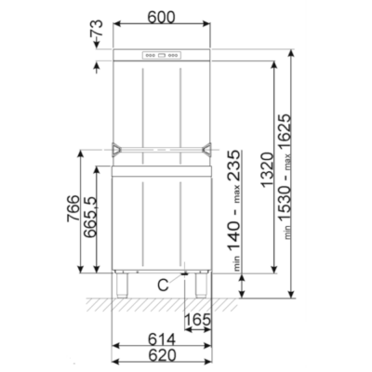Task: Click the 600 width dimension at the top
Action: click(x=161, y=18)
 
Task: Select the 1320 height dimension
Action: click(x=267, y=170)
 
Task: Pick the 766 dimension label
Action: click(x=73, y=208)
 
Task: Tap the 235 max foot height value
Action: click(x=233, y=166)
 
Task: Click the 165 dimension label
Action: click(x=198, y=319)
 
